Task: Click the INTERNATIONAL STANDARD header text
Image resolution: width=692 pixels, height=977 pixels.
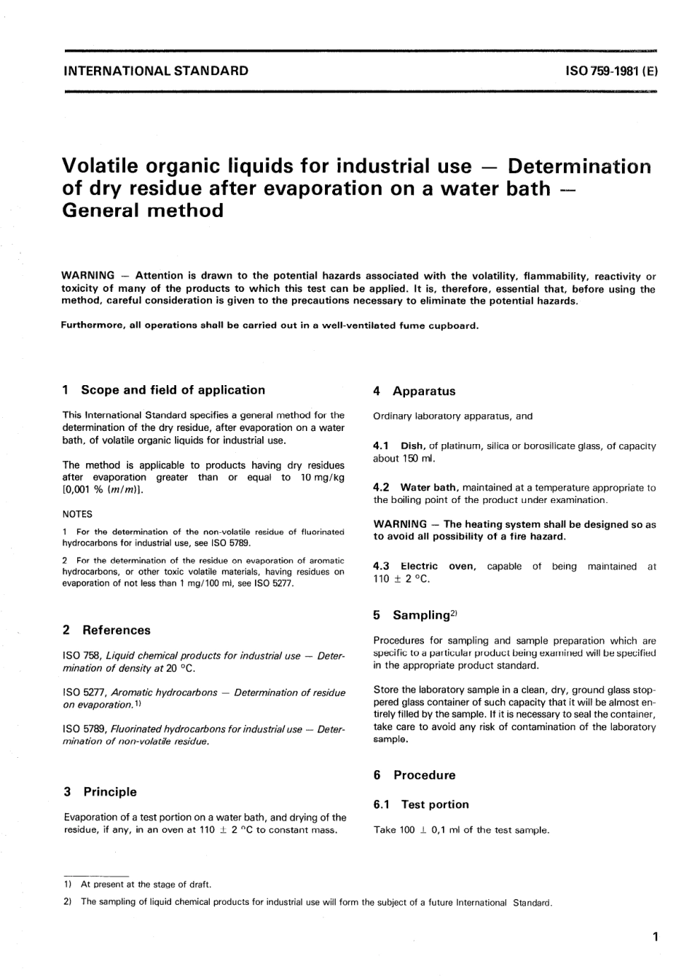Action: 156,71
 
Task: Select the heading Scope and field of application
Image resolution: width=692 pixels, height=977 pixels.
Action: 173,390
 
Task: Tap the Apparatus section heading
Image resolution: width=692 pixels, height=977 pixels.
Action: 423,391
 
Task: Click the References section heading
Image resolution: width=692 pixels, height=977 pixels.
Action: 116,630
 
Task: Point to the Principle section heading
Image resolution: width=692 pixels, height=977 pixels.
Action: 109,791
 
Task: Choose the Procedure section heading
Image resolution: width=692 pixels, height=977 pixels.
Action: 424,775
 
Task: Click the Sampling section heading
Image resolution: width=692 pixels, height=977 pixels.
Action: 421,615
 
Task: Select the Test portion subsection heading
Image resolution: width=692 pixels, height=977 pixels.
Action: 435,804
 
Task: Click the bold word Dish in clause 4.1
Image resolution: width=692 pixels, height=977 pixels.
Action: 412,446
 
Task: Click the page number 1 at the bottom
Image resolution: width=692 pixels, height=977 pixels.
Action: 656,937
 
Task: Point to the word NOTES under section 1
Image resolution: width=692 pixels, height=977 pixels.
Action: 77,513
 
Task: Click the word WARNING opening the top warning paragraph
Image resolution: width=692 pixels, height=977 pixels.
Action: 87,276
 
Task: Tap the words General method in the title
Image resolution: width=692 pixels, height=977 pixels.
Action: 143,210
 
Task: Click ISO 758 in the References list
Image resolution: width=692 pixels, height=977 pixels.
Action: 81,656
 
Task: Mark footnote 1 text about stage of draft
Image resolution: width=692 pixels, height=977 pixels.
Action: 145,885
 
